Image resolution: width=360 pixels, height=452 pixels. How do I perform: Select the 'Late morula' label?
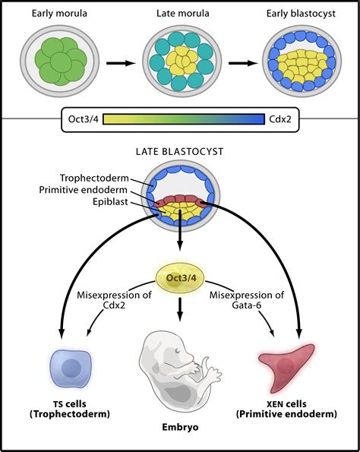178,14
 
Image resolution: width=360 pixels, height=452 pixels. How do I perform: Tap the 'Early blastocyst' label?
300,14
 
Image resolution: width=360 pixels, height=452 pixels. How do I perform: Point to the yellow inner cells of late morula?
179,61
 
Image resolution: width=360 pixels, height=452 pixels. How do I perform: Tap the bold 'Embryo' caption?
180,428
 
